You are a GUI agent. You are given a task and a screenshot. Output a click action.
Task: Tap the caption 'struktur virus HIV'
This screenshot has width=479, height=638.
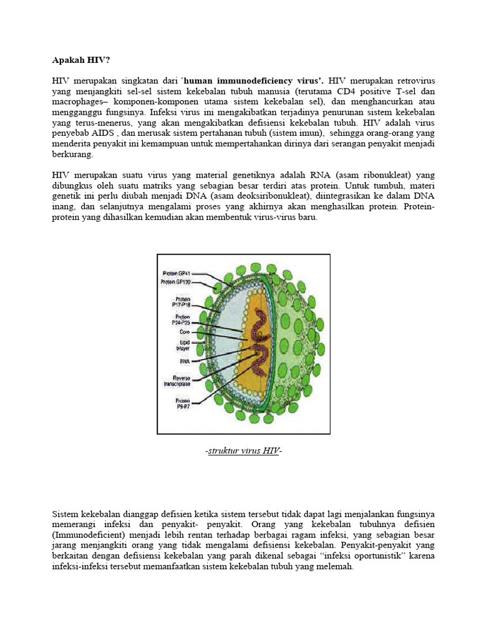244,450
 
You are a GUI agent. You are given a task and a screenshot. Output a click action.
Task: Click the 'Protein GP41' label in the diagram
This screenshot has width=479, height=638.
178,273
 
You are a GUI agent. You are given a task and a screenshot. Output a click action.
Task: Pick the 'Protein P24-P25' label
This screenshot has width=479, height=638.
181,320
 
